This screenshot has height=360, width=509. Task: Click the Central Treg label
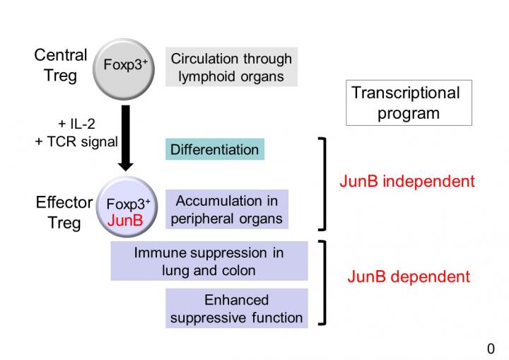click(61, 65)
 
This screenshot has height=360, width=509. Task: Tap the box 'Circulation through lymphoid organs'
click(231, 67)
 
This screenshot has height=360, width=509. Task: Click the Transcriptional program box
click(409, 103)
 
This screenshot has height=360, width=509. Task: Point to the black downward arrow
click(125, 137)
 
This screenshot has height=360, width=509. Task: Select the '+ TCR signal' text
click(76, 141)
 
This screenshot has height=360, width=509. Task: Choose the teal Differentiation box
click(215, 149)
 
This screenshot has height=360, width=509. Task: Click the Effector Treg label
click(64, 212)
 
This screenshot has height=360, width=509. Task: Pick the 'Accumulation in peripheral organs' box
click(227, 209)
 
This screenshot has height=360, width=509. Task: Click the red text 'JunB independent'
click(407, 181)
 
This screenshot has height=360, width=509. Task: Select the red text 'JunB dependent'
click(409, 277)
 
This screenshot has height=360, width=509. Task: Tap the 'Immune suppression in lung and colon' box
click(209, 261)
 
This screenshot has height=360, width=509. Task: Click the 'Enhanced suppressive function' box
click(237, 308)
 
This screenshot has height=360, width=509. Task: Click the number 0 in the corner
click(491, 349)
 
